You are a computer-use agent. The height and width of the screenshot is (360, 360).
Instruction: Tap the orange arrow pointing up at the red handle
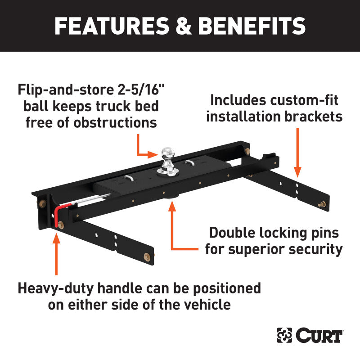[x=56, y=252]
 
